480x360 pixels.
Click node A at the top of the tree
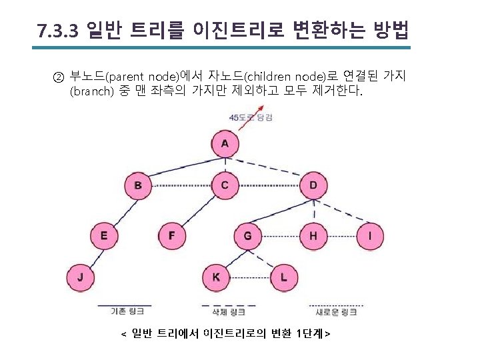[x=225, y=143]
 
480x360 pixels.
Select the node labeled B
[x=137, y=185]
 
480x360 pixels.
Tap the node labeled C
[x=225, y=185]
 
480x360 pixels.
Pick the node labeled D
[x=313, y=185]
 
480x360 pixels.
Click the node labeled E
[x=104, y=235]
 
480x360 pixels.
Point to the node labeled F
[x=172, y=235]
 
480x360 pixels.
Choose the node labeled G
[x=248, y=235]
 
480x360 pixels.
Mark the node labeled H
[x=313, y=235]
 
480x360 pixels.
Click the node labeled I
[x=371, y=235]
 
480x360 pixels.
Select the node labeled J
[x=81, y=277]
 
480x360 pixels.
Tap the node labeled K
[x=215, y=277]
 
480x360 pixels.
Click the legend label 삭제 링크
[x=228, y=311]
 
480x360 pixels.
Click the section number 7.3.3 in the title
[x=58, y=31]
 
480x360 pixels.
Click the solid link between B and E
[x=121, y=210]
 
